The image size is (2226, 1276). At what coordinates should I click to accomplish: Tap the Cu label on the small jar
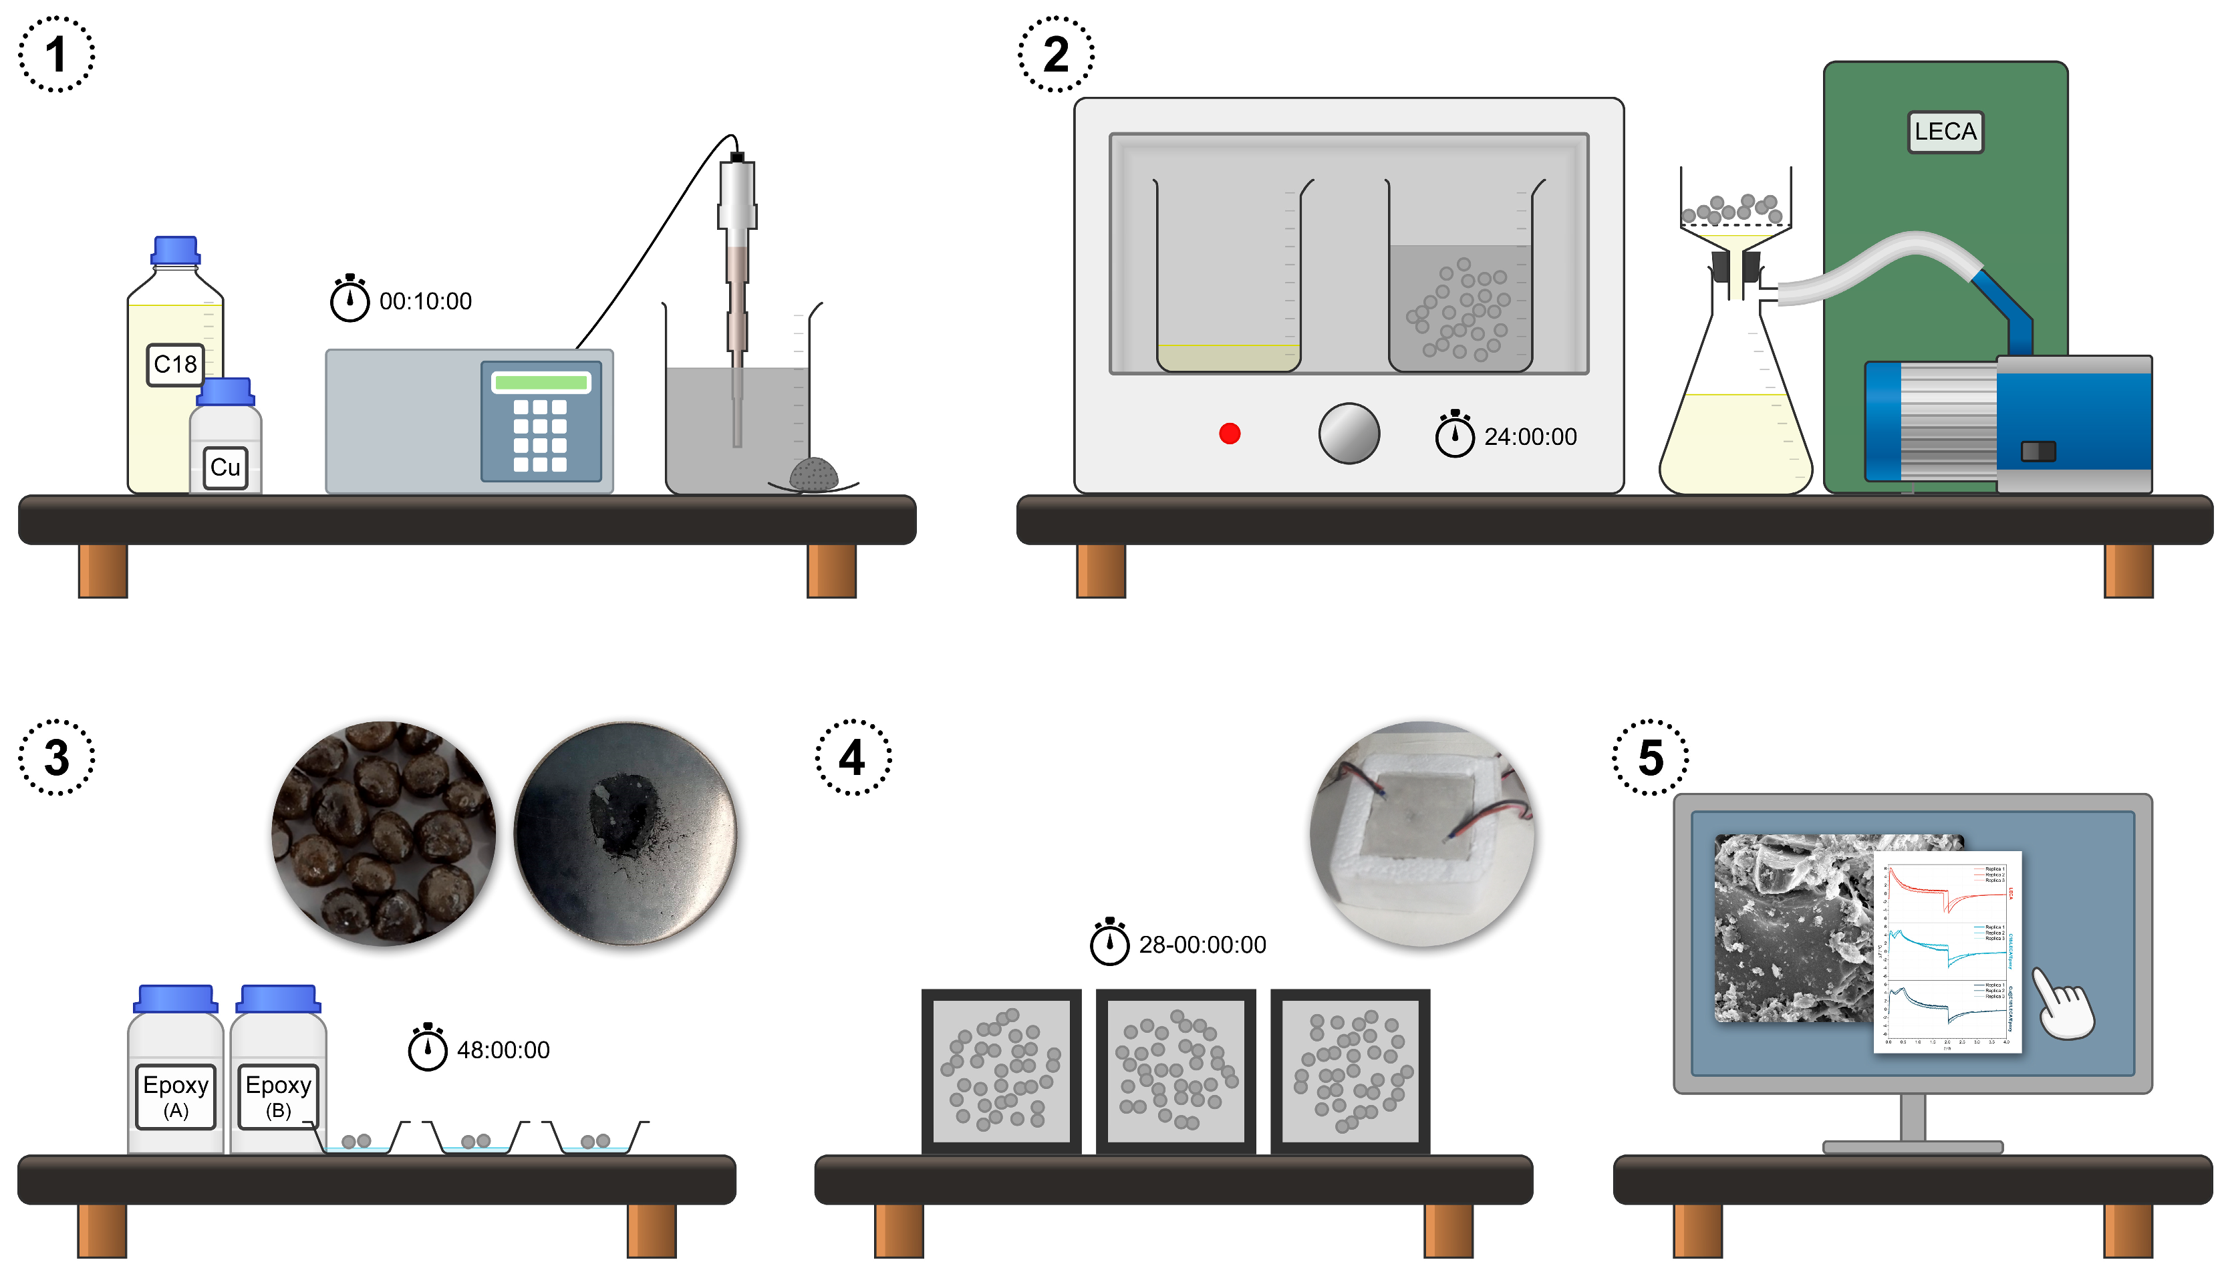click(x=225, y=467)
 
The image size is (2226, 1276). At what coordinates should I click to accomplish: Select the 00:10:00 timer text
click(x=425, y=301)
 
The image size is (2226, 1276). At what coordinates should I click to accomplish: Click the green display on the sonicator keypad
click(x=540, y=382)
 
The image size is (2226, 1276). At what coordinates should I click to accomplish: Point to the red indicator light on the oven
click(x=1229, y=434)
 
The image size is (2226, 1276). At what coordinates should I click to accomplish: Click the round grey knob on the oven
click(x=1348, y=433)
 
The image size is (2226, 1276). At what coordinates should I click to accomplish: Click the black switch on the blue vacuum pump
click(x=2037, y=452)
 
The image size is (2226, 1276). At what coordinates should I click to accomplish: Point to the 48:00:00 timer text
click(x=503, y=1050)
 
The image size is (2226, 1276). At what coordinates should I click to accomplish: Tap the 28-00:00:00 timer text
click(x=1202, y=945)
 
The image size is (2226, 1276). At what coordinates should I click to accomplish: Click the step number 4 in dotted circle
click(x=852, y=757)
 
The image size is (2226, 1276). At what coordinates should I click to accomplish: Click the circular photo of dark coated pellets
click(x=383, y=832)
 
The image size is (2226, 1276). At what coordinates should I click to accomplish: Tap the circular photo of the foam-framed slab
click(x=1421, y=832)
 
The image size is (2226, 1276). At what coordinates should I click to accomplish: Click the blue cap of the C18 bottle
click(x=175, y=250)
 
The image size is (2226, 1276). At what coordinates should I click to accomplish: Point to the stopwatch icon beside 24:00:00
click(x=1454, y=434)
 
